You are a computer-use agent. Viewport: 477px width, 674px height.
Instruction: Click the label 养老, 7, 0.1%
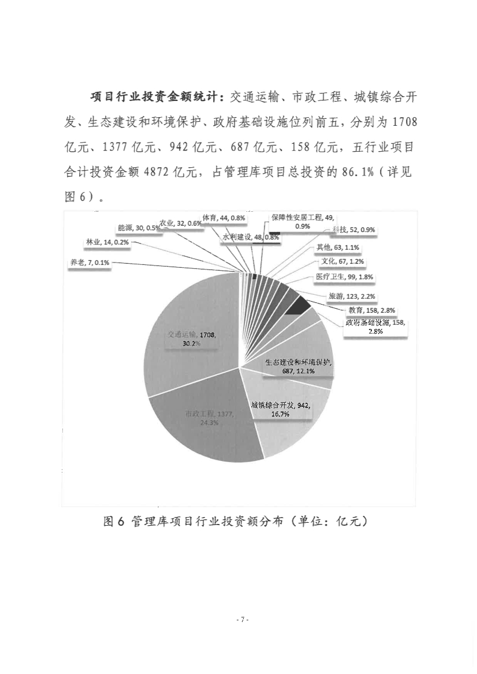(90, 263)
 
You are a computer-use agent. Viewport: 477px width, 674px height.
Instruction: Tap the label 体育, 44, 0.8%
(228, 218)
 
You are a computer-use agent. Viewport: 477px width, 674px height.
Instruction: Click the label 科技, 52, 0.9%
(353, 230)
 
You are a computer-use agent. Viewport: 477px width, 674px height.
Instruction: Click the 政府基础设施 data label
(375, 327)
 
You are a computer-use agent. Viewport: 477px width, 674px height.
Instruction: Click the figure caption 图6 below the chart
(235, 522)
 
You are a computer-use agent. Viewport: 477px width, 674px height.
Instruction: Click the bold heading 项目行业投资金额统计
(158, 97)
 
